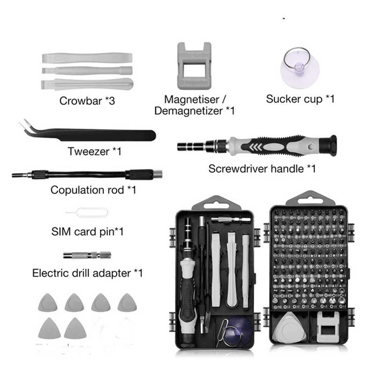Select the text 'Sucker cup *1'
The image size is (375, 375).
[300, 99]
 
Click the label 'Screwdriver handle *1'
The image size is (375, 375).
[262, 168]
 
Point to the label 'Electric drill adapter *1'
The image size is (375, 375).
[87, 273]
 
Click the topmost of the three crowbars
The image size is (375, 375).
[87, 59]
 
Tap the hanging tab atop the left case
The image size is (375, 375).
[213, 203]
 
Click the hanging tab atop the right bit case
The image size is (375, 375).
[307, 198]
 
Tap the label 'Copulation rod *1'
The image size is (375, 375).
[93, 190]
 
